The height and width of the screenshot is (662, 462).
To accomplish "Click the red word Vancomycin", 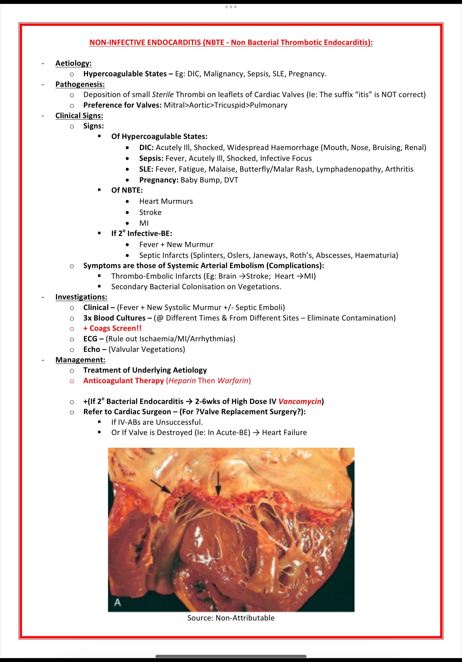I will (300, 401).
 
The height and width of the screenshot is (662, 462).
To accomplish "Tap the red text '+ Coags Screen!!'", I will (112, 329).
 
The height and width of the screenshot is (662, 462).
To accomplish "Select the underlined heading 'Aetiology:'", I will (73, 63).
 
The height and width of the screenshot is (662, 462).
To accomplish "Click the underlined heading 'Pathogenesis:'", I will (80, 84).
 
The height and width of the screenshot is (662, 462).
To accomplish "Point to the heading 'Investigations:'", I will (81, 297).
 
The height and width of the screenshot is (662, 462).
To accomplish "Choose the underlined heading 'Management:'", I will (80, 360).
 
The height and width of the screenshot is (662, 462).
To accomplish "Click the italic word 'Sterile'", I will (163, 95).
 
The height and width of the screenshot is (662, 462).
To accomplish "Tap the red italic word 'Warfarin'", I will (233, 381).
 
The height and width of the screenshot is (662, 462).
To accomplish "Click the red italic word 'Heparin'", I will (182, 381).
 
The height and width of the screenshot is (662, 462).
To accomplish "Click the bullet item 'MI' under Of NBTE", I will (144, 223).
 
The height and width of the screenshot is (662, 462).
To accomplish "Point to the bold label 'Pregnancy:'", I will (159, 180).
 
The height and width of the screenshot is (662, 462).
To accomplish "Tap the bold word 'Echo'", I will (92, 349).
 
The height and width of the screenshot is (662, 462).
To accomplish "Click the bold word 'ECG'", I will (90, 339).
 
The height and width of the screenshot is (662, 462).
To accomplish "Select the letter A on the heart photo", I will (117, 603).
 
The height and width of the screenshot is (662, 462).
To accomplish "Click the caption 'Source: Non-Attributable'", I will (231, 618).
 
